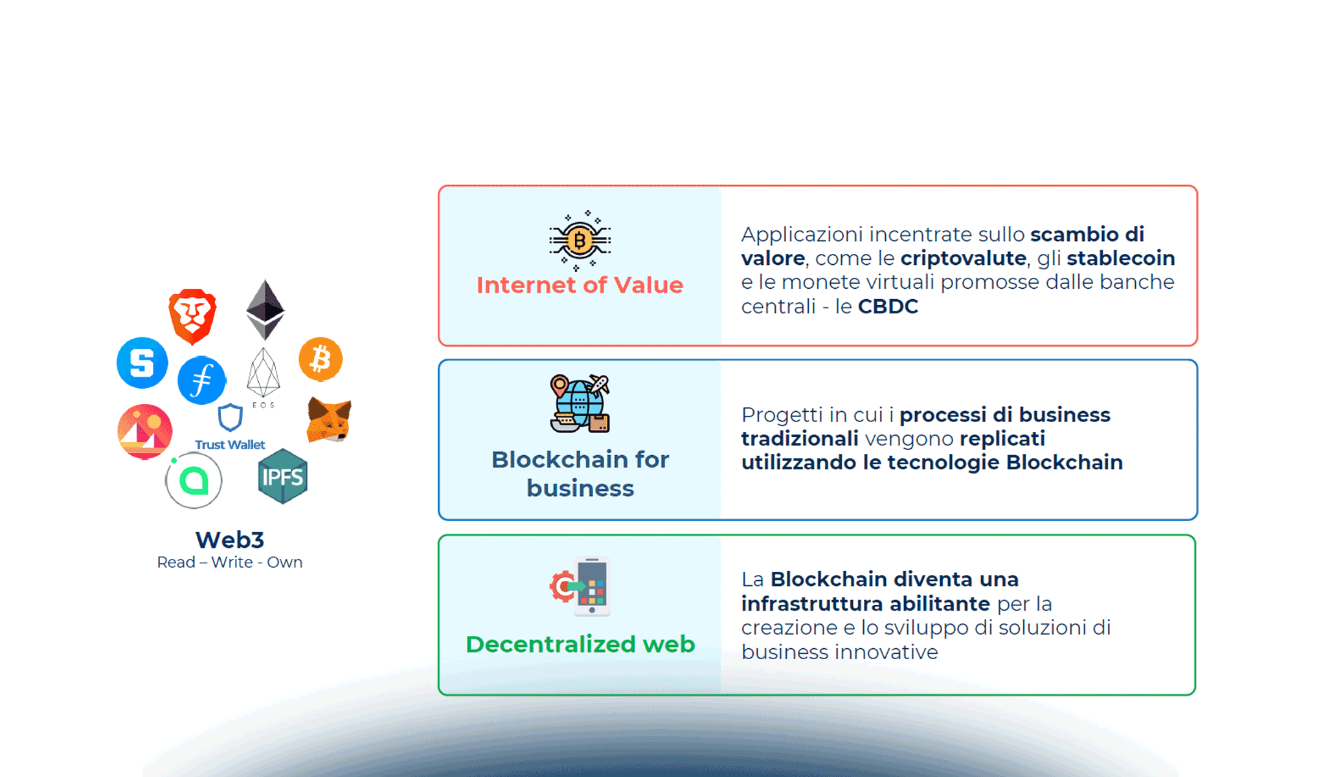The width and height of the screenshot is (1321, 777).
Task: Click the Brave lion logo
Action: pyautogui.click(x=192, y=316)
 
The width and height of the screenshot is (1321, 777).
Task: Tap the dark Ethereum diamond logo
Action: pyautogui.click(x=265, y=310)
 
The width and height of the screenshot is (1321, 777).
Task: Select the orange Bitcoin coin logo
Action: pyautogui.click(x=321, y=359)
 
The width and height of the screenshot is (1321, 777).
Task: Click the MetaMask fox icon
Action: pyautogui.click(x=329, y=420)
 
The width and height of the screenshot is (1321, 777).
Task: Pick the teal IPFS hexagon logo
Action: pyautogui.click(x=282, y=477)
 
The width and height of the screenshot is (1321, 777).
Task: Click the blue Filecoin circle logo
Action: pyautogui.click(x=202, y=380)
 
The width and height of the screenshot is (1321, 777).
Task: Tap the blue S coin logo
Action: pyautogui.click(x=142, y=363)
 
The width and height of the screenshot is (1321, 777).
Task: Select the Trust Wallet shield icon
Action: pyautogui.click(x=230, y=418)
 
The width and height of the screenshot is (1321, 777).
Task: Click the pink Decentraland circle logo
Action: pyautogui.click(x=145, y=431)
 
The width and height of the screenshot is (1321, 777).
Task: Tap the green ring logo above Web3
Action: pyautogui.click(x=194, y=480)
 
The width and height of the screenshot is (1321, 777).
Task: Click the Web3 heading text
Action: pyautogui.click(x=230, y=539)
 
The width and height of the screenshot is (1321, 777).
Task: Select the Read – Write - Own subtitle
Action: pyautogui.click(x=230, y=562)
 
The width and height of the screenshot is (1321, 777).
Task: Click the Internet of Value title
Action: pyautogui.click(x=580, y=285)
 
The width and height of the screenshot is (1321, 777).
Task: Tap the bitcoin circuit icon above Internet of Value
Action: pyautogui.click(x=580, y=240)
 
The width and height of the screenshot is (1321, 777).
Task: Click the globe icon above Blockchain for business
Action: pyautogui.click(x=580, y=403)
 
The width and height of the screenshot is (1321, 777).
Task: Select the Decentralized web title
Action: pyautogui.click(x=580, y=644)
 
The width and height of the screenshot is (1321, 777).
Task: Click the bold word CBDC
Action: pyautogui.click(x=888, y=306)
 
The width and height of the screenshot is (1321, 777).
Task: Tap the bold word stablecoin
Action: pyautogui.click(x=1120, y=258)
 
